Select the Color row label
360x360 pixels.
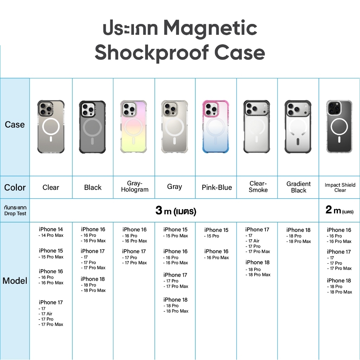click(x=15, y=187)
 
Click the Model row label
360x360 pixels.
click(x=15, y=281)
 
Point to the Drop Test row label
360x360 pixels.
click(x=15, y=213)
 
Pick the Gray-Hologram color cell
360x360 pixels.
click(x=135, y=186)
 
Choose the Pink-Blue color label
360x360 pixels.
click(x=217, y=187)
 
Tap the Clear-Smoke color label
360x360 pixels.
click(x=258, y=187)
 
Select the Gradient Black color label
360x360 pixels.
click(x=298, y=187)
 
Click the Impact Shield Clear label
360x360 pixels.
click(x=340, y=187)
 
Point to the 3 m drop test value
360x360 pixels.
click(x=176, y=210)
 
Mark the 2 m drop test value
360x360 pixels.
click(x=339, y=210)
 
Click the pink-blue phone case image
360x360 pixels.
click(x=216, y=127)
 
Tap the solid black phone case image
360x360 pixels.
click(x=92, y=127)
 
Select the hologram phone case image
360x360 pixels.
click(x=133, y=127)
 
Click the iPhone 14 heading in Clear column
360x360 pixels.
click(x=51, y=229)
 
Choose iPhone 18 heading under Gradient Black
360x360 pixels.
click(x=298, y=230)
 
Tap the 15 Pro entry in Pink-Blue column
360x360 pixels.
click(x=211, y=236)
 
